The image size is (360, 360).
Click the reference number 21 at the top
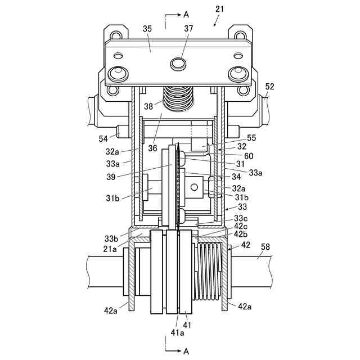pyautogui.click(x=219, y=9)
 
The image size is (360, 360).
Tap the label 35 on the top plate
pyautogui.click(x=147, y=29)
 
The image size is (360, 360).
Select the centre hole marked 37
pyautogui.click(x=179, y=63)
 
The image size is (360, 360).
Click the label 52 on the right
pyautogui.click(x=269, y=87)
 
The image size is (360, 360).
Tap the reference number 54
pyautogui.click(x=103, y=139)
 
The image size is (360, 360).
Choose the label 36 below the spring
pyautogui.click(x=152, y=148)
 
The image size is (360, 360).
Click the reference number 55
pyautogui.click(x=251, y=138)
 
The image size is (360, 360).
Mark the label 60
pyautogui.click(x=249, y=156)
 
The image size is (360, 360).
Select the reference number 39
pyautogui.click(x=111, y=177)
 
